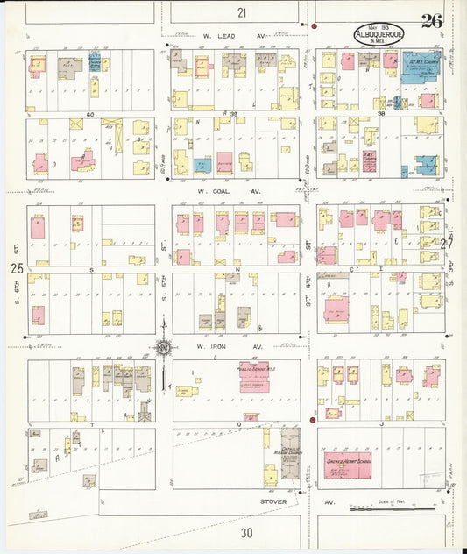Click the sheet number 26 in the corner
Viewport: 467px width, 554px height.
tap(431, 21)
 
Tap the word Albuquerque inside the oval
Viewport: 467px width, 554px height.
tap(380, 35)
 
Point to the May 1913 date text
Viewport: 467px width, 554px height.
tap(380, 26)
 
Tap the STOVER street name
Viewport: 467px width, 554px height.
tap(273, 502)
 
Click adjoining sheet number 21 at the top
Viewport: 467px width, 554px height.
tap(242, 12)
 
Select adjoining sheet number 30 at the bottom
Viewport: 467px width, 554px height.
tap(246, 532)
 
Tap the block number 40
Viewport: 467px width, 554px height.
tap(89, 114)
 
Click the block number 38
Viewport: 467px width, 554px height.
tap(381, 114)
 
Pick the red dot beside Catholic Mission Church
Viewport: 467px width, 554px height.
tap(313, 420)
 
